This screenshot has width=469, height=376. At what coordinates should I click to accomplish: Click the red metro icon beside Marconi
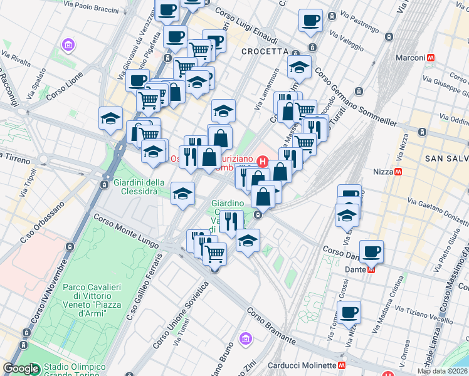pos(431,58)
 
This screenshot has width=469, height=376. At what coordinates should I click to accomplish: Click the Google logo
pos(21,368)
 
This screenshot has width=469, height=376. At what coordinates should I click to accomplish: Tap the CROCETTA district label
pos(264,51)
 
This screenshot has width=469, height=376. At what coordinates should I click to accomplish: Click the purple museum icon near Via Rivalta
pos(67,45)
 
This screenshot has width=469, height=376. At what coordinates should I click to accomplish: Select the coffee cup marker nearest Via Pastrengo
pos(310,20)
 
